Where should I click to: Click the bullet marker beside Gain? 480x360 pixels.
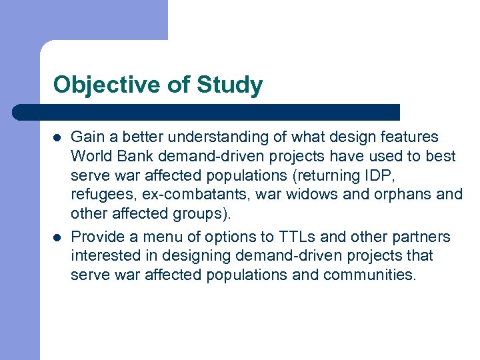click(x=57, y=137)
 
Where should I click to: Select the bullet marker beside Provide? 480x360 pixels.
click(x=57, y=237)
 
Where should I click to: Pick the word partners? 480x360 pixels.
click(x=423, y=237)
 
